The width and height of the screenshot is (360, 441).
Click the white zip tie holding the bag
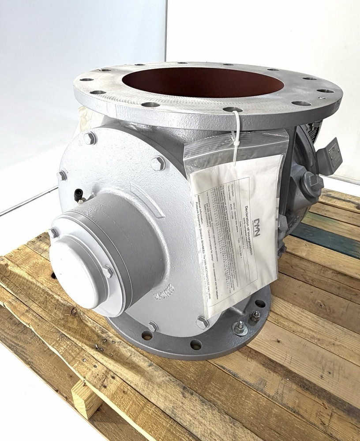pyautogui.click(x=237, y=132)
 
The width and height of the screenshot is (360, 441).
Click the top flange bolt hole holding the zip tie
pyautogui.click(x=232, y=109)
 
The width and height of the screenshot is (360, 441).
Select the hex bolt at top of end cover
pyautogui.click(x=90, y=138)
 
